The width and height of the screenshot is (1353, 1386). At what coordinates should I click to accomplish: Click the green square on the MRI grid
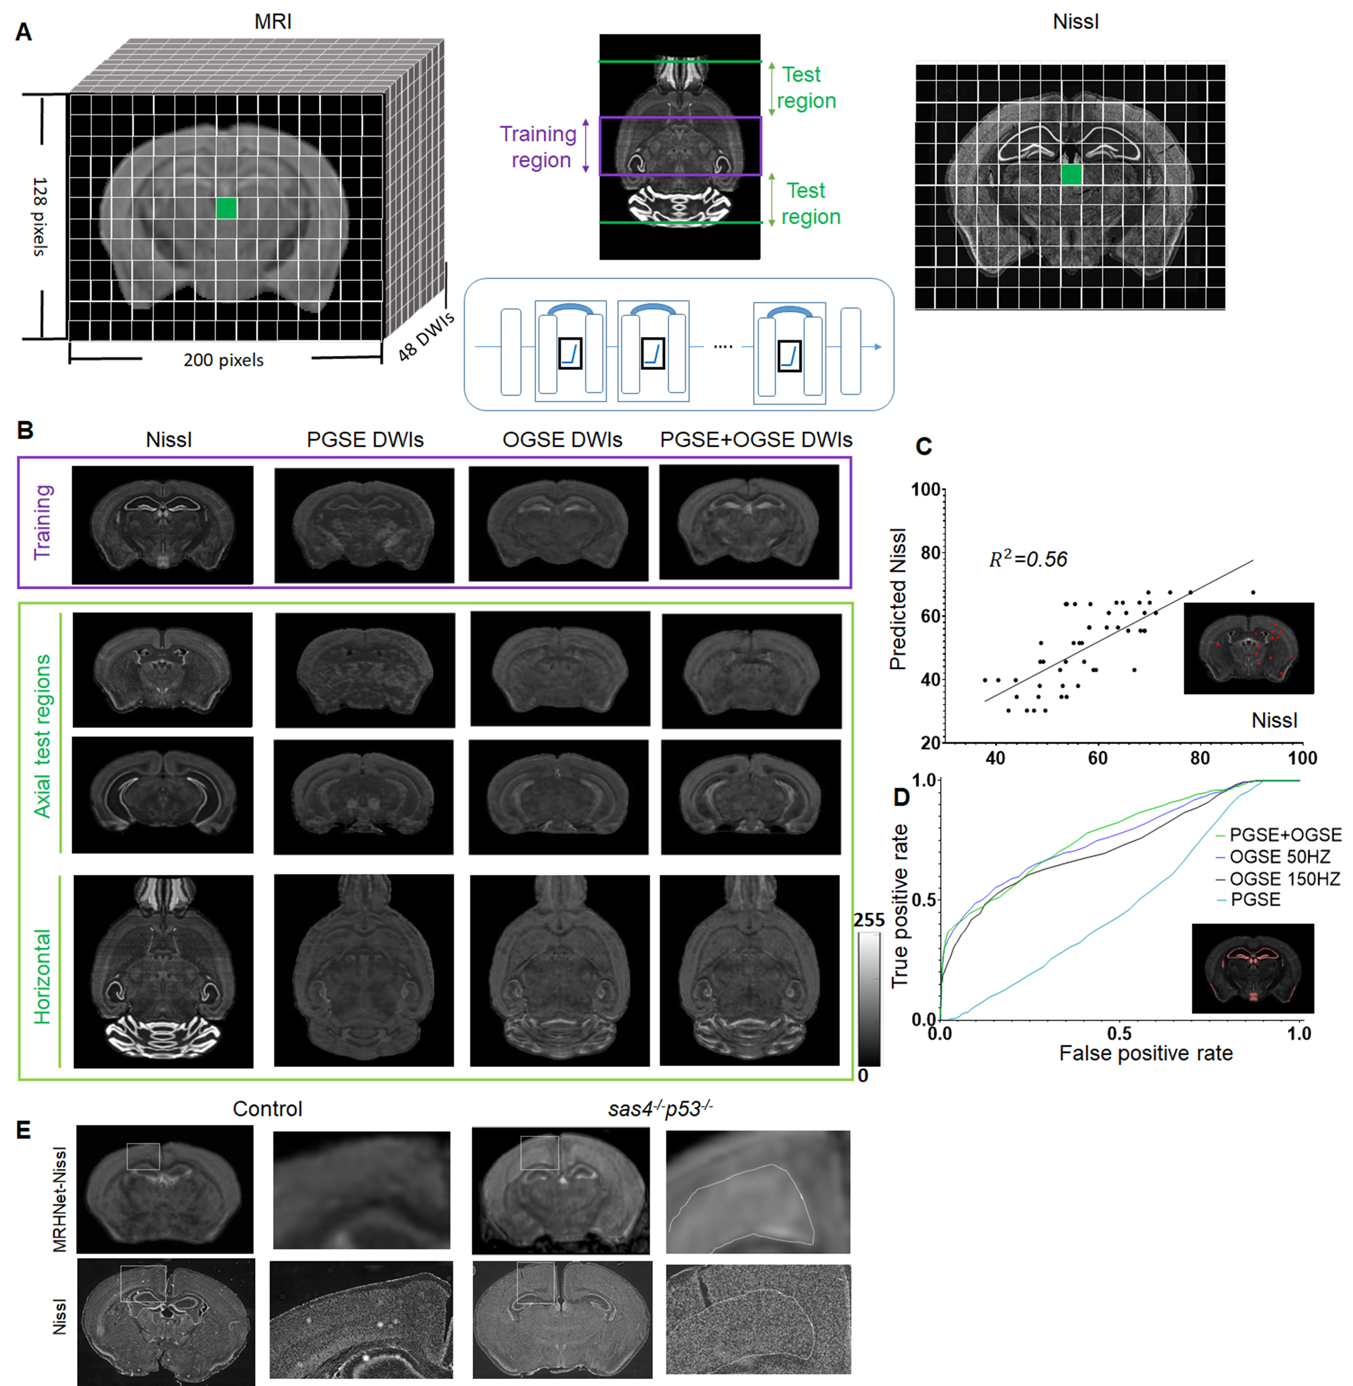(227, 208)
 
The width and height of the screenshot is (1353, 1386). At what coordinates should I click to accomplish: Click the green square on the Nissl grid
(1071, 174)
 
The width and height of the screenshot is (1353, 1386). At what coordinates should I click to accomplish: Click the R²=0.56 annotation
(1028, 560)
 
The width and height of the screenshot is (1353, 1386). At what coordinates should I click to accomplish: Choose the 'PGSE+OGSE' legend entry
(1285, 835)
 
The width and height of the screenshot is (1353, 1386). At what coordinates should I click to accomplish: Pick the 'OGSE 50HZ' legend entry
(1279, 857)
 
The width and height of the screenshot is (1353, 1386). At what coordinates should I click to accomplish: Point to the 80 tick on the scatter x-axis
(1199, 758)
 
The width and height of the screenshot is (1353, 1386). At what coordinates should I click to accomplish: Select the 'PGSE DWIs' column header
(365, 440)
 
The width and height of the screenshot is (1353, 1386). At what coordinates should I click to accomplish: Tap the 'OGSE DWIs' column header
(562, 440)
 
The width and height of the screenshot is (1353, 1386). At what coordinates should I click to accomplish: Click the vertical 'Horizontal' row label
(43, 976)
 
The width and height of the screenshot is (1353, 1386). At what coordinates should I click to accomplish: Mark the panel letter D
(902, 797)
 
